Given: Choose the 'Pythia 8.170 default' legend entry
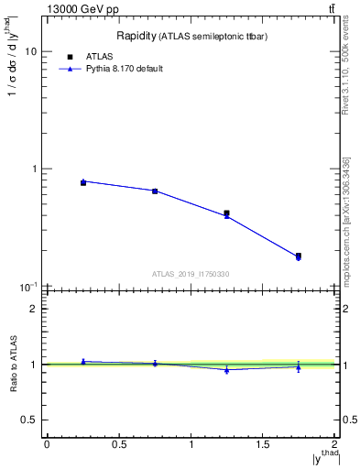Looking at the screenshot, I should click(x=124, y=69).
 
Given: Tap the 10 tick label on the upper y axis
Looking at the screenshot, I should click(x=29, y=52).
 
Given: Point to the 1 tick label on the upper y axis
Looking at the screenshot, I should click(x=32, y=169).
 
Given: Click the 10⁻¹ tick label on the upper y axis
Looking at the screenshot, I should click(x=27, y=287).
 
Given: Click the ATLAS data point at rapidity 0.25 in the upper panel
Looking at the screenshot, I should click(x=82, y=182).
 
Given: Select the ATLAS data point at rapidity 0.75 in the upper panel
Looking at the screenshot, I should click(x=155, y=191).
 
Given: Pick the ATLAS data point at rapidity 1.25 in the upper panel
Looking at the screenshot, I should click(x=226, y=213).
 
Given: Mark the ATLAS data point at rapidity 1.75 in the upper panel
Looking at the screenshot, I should click(x=299, y=256).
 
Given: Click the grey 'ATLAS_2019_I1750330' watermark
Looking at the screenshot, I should click(x=191, y=274).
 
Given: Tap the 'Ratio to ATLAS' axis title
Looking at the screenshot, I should click(x=14, y=365).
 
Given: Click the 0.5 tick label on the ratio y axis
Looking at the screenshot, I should click(x=28, y=420).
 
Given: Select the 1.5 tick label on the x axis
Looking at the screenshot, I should click(x=263, y=444).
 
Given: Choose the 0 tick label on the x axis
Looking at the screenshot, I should click(x=47, y=444).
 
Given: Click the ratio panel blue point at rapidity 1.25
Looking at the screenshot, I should click(x=226, y=370).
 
